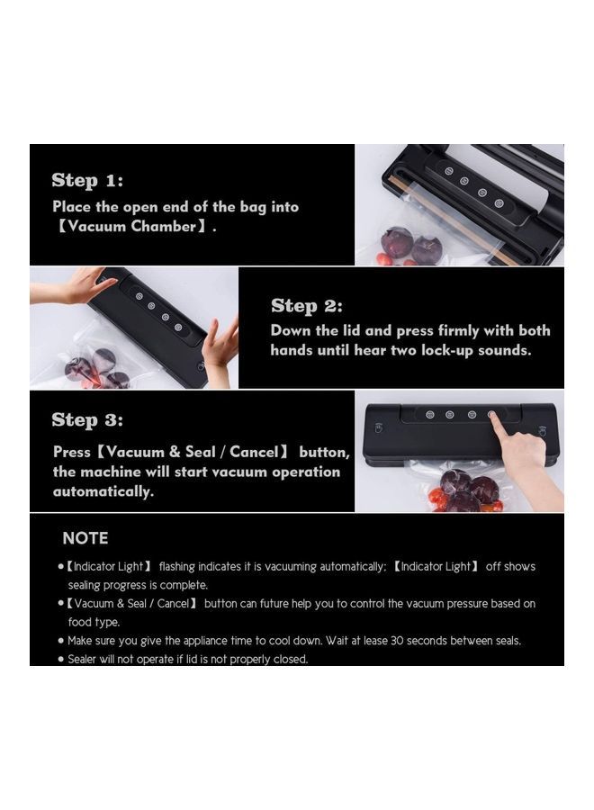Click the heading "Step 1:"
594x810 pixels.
[87, 180]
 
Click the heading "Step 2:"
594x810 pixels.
[307, 306]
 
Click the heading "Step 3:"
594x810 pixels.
[87, 419]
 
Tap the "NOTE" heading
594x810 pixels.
[85, 538]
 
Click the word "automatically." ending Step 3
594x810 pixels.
[103, 491]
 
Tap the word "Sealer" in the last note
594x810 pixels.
[85, 659]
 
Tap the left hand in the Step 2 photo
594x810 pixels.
[72, 287]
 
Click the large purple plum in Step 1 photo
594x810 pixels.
[396, 242]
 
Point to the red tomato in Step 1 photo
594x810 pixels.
[384, 259]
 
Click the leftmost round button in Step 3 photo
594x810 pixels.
[427, 415]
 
